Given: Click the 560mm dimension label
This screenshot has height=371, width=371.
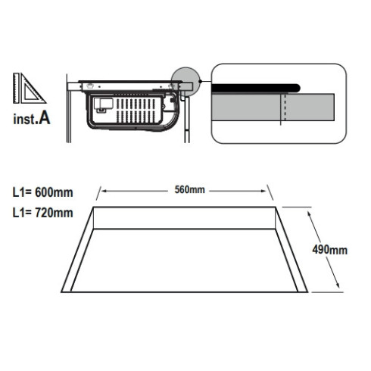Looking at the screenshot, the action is (189, 190).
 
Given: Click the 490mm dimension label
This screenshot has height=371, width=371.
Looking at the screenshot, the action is (329, 250).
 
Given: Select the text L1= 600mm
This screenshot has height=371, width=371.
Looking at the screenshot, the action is (43, 192).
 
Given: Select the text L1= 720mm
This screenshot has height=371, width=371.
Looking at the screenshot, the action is (43, 213).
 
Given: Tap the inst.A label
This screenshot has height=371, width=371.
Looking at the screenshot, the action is (32, 118).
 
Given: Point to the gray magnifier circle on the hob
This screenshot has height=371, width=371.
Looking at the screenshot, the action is (185, 81).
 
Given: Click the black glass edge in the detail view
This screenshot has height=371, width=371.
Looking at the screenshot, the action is (256, 88).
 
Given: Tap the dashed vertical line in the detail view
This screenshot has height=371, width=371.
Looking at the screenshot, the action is (285, 107).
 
